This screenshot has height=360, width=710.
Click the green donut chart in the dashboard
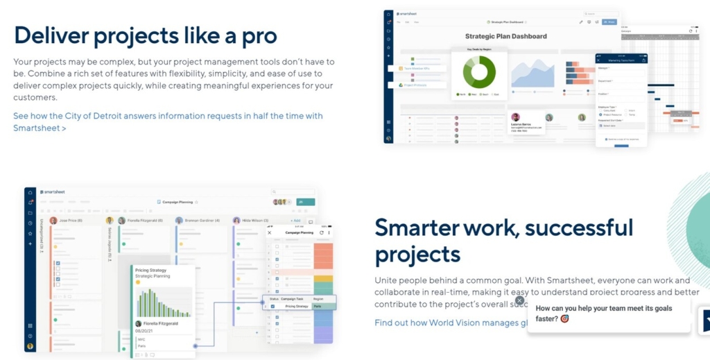click(x=475, y=71)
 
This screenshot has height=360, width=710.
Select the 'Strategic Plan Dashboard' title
click(x=505, y=36)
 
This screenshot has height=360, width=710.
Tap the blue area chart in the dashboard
click(x=533, y=73)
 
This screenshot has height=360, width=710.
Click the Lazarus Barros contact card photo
click(x=515, y=117)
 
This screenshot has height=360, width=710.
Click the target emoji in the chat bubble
click(x=564, y=319)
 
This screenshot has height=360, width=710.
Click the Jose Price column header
click(x=69, y=221)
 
